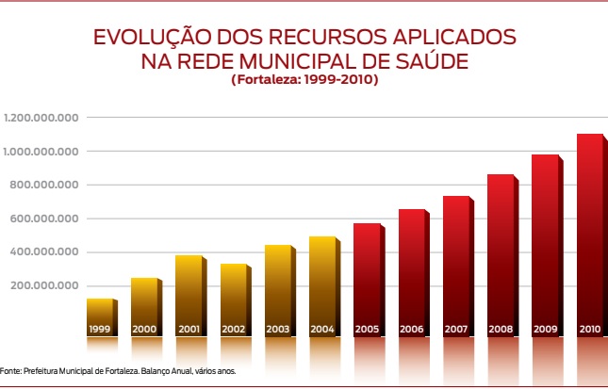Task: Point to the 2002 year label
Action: pyautogui.click(x=233, y=330)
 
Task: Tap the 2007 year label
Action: pyautogui.click(x=456, y=330)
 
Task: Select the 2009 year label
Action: pyautogui.click(x=545, y=330)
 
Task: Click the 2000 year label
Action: pyautogui.click(x=144, y=330)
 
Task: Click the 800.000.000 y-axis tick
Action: pyautogui.click(x=43, y=186)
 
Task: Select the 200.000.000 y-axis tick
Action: pyautogui.click(x=43, y=286)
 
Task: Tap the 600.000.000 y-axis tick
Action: pyautogui.click(x=43, y=219)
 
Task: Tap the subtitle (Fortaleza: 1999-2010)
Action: pyautogui.click(x=304, y=81)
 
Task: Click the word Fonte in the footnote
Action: pyautogui.click(x=10, y=371)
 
